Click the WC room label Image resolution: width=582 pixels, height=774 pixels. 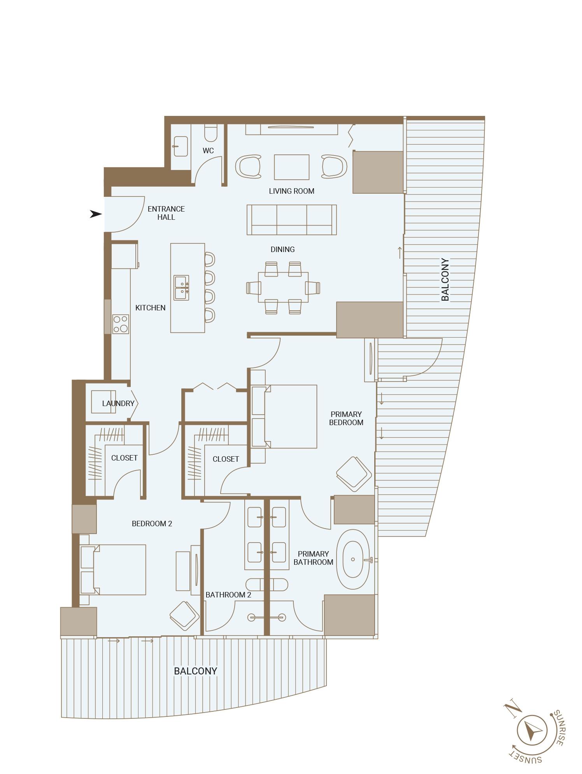[208, 151]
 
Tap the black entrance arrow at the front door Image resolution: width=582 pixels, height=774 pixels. [96, 214]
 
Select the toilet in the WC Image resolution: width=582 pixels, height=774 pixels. [211, 133]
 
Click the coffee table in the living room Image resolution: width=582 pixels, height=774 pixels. [291, 167]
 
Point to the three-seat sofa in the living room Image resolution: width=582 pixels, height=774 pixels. [291, 220]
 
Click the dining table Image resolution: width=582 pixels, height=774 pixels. [283, 287]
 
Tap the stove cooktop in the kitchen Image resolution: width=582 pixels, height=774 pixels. [121, 324]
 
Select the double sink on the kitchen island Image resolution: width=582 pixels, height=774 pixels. [181, 288]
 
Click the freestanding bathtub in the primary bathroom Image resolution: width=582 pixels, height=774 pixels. [352, 559]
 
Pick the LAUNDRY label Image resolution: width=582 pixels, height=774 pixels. [118, 403]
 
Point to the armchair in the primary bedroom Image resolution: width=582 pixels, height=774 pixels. [353, 474]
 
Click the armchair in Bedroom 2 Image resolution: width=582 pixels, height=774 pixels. [184, 615]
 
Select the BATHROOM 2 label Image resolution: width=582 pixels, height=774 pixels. [228, 595]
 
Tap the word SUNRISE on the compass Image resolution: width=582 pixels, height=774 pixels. [560, 727]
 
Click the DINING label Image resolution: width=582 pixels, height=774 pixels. [282, 249]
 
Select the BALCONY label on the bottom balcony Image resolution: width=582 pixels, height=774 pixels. [195, 671]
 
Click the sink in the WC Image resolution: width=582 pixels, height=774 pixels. [181, 146]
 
